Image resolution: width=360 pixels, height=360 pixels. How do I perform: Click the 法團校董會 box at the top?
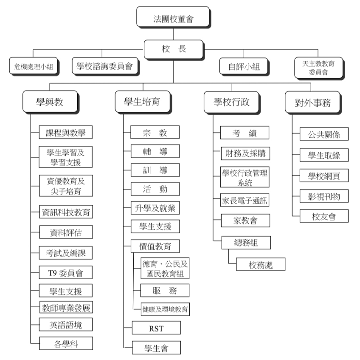[173, 17]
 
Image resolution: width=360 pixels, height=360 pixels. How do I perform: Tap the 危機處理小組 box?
[34, 66]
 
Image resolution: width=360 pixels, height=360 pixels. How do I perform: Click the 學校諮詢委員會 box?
[105, 66]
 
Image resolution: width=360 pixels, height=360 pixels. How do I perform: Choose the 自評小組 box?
[244, 66]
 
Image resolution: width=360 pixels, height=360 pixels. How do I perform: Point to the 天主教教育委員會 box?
[319, 68]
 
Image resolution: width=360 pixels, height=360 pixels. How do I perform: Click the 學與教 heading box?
[50, 102]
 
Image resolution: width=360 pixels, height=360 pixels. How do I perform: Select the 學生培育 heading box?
[143, 102]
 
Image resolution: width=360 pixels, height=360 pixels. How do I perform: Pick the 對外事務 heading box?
[313, 102]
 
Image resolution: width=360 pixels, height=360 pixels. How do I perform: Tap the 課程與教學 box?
[66, 132]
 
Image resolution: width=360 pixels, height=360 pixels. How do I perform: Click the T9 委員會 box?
[66, 272]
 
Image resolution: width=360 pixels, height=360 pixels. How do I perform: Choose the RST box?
[156, 328]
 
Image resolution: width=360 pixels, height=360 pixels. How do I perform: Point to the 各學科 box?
[66, 343]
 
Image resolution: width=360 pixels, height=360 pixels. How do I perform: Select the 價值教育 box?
[155, 246]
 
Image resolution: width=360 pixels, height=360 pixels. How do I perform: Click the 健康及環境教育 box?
[165, 309]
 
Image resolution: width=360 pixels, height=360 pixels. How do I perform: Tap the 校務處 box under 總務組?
[261, 264]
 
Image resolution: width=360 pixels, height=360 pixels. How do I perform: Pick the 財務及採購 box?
[245, 153]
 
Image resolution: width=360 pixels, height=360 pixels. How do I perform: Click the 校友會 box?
[324, 216]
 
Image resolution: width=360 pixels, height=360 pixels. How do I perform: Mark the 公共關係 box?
[324, 134]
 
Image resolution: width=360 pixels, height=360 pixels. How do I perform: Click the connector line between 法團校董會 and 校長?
[174, 34]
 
